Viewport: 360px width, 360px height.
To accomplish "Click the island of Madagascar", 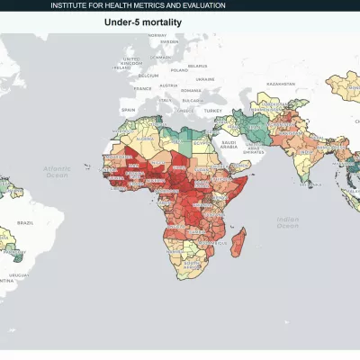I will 239,241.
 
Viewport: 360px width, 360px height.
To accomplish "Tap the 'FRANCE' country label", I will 142,88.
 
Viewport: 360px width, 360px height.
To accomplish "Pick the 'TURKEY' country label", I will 212,110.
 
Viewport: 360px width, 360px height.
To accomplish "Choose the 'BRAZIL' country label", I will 26,222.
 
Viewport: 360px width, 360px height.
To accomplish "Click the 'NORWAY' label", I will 138,41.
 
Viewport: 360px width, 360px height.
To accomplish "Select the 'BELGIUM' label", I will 148,76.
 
